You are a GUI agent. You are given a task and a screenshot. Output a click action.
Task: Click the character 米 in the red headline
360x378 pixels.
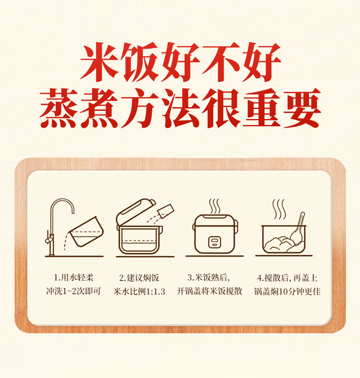tap(99, 62)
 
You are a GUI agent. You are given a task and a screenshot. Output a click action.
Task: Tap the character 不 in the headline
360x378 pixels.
tap(221, 62)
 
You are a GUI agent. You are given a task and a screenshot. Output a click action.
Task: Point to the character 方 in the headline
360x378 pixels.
tap(140, 108)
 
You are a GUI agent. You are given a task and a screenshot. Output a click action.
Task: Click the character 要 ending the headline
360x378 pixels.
tap(302, 108)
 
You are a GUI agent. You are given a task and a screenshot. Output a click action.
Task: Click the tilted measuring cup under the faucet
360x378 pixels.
tap(86, 232)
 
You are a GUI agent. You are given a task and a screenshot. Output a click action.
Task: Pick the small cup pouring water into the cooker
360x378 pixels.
tap(166, 211)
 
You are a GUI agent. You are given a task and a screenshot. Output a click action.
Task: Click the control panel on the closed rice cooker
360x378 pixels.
tap(215, 242)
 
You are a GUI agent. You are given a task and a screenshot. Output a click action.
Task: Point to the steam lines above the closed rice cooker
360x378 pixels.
tap(214, 206)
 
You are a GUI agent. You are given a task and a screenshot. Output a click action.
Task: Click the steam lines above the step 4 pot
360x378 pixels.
tap(279, 209)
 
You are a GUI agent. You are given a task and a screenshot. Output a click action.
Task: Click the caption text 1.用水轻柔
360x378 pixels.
tap(73, 278)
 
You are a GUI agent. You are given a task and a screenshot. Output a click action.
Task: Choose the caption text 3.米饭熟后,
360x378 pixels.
tap(208, 278)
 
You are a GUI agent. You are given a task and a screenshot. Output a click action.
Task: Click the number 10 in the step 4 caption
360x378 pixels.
tap(284, 291)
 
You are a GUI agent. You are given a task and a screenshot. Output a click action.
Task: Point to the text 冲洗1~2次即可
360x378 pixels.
tap(73, 291)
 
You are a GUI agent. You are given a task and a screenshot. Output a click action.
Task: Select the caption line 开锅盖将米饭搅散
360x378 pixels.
tap(209, 291)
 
